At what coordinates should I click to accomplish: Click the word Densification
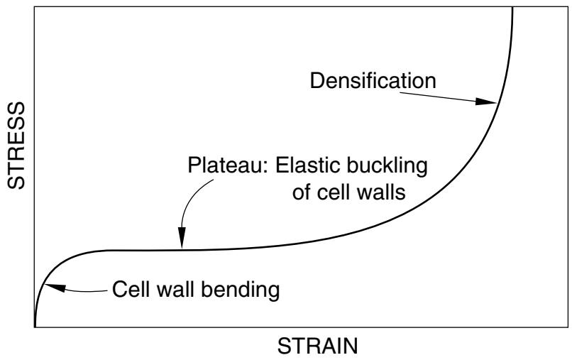tap(373, 81)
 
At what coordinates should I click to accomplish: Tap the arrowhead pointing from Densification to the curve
tap(486, 101)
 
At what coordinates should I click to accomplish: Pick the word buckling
tap(387, 166)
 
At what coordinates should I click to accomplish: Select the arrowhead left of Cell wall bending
tap(54, 288)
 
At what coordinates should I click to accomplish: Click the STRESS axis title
tap(16, 146)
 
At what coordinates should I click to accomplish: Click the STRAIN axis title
tap(318, 346)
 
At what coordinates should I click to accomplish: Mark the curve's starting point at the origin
tap(35, 327)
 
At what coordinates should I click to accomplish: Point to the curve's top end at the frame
tap(512, 8)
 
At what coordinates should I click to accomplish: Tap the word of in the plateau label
tap(302, 192)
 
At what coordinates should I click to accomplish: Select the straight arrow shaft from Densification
tap(438, 97)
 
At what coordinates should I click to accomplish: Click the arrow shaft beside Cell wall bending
tap(86, 291)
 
